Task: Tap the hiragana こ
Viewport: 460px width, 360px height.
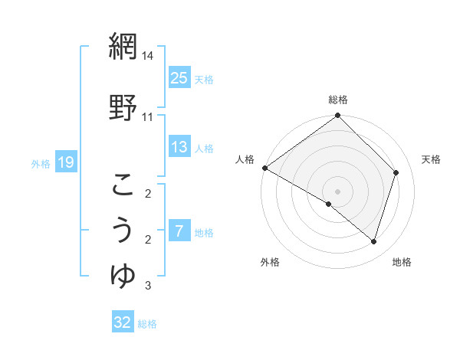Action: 122,184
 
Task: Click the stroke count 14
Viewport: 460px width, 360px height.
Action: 147,56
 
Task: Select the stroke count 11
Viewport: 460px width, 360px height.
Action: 147,117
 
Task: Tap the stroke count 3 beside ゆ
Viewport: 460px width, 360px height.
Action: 147,286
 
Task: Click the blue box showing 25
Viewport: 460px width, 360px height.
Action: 179,78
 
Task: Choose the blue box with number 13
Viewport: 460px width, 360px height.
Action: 179,147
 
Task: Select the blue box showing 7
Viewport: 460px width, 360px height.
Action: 179,231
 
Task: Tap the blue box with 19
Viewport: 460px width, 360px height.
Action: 65,162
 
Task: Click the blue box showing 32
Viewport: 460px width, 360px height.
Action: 122,322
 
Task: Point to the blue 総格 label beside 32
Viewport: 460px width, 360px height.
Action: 147,324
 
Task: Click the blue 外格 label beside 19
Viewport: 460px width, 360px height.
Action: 41,163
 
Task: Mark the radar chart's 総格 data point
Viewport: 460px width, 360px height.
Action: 337,116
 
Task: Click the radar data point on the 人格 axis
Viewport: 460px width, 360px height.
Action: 264,168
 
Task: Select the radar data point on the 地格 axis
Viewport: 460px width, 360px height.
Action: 373,241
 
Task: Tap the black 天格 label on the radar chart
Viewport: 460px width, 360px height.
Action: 432,159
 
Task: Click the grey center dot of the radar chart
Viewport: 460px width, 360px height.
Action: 337,191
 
